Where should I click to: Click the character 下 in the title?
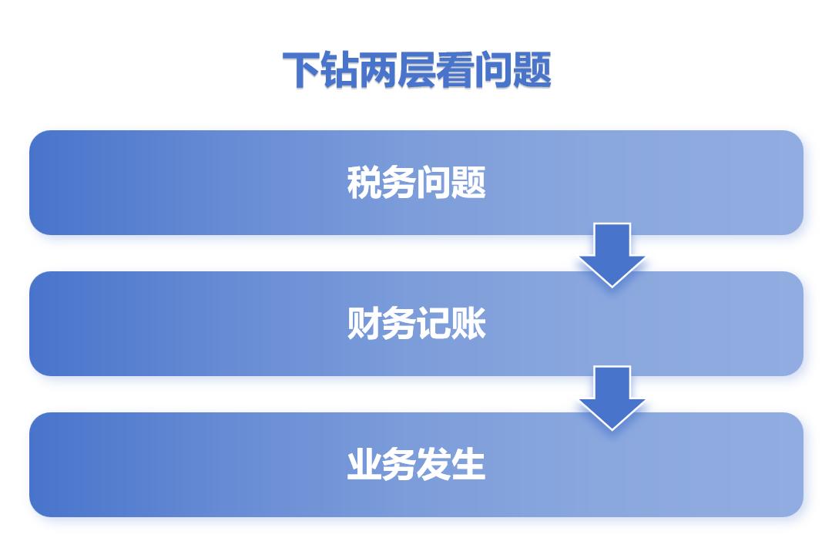coord(302,69)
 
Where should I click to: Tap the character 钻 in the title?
coord(340,69)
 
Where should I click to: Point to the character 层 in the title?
coord(417,69)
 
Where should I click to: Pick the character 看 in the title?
coord(455,69)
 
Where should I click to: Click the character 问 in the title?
coord(493,69)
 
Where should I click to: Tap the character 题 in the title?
coord(532,69)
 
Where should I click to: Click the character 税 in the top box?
coord(364,183)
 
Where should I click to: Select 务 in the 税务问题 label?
coord(398,183)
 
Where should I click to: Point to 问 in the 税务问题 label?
coord(433,183)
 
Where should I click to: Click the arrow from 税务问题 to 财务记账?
coord(612,255)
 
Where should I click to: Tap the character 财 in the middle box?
coord(364,323)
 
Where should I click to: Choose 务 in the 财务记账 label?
coord(398,323)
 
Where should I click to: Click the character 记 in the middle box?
coord(433,323)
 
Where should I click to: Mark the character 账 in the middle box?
coord(468,323)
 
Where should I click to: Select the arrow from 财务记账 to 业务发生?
coord(612,398)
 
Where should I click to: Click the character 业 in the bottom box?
coord(364,464)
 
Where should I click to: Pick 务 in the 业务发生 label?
coord(398,464)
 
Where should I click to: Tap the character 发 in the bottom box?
coord(433,464)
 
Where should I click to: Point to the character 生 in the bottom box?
coord(468,464)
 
